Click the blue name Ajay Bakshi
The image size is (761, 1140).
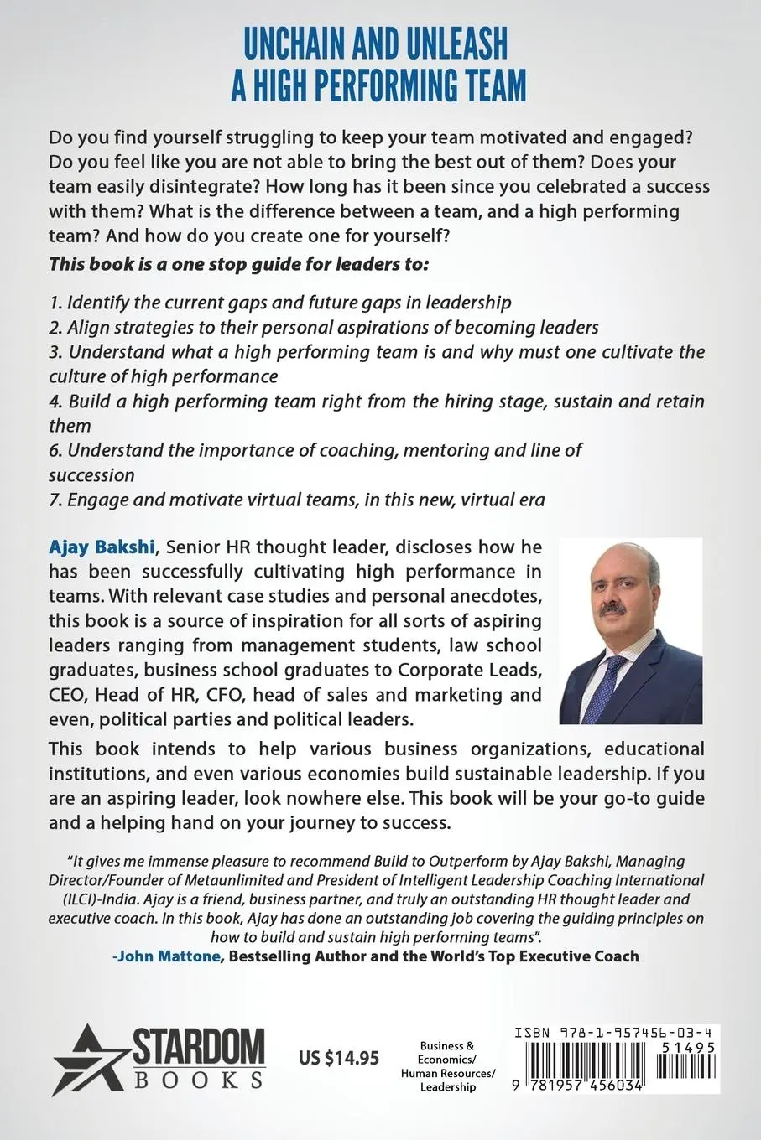click(x=102, y=547)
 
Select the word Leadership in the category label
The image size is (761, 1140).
click(x=447, y=1087)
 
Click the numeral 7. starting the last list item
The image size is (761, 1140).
click(x=55, y=500)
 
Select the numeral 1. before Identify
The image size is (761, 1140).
click(x=55, y=302)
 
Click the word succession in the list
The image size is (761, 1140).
click(x=91, y=475)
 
